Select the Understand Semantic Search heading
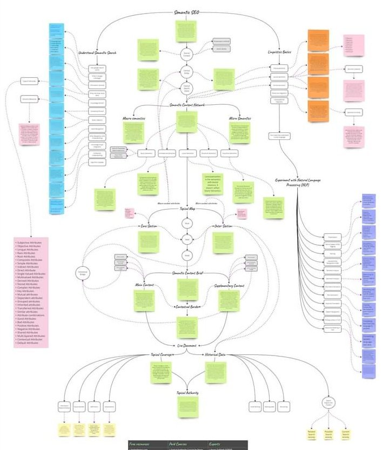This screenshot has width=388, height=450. [x=98, y=52]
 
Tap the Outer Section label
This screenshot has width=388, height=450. [x=223, y=226]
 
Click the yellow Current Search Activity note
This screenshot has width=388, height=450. [x=345, y=434]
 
